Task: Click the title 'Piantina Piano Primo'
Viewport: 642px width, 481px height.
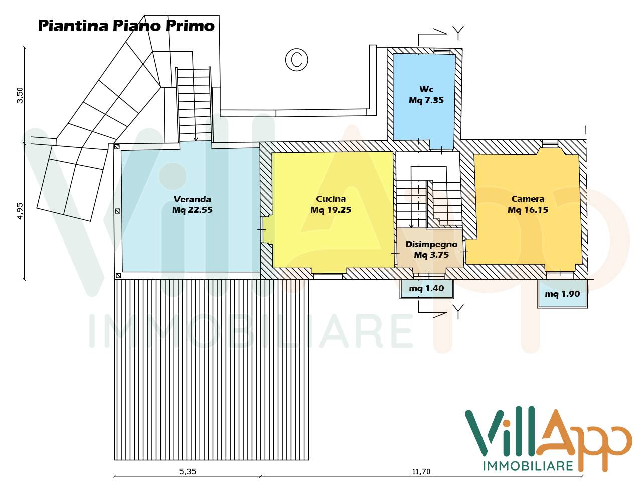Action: click(126, 26)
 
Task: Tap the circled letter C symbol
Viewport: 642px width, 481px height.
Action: click(296, 60)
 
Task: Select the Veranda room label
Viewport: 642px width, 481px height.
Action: click(192, 199)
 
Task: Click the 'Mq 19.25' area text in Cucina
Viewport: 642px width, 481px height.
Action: click(331, 210)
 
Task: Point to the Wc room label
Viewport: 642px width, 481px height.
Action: click(426, 89)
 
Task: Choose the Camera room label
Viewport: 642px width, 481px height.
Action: click(528, 199)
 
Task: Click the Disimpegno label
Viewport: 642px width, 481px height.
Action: click(431, 244)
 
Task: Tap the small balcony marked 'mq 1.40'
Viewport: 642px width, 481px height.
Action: click(426, 288)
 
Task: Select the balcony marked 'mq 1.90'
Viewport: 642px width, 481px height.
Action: click(562, 294)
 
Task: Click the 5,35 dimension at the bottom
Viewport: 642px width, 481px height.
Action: click(187, 471)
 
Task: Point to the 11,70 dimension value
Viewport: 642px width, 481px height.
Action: click(421, 471)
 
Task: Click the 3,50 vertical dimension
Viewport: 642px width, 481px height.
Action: click(20, 95)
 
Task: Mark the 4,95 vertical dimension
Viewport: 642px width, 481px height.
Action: click(20, 211)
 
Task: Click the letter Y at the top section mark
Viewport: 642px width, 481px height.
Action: click(457, 32)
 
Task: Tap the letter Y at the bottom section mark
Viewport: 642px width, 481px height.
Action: click(457, 311)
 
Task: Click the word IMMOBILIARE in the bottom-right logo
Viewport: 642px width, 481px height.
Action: click(528, 466)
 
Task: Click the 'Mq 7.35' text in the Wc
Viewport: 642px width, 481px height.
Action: click(426, 100)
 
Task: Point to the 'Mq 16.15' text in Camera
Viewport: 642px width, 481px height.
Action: click(528, 210)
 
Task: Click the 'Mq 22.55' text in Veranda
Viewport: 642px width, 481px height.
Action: click(192, 210)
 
